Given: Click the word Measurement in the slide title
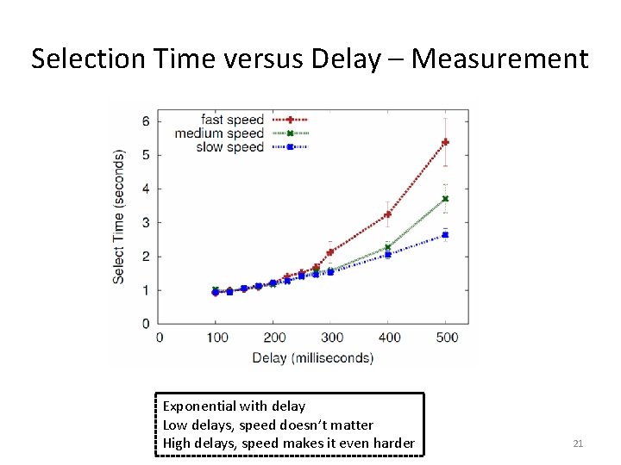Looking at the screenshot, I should point(500,59).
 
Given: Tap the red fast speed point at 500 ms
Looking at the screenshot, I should point(446,142).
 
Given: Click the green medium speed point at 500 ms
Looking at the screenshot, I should point(446,199).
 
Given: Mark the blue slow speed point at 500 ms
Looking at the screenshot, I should point(446,234).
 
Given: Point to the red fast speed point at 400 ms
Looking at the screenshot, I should point(388,214).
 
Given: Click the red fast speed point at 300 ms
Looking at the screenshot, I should point(330,252).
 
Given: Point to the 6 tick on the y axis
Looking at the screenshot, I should point(146,121).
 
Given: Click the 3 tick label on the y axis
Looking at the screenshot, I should point(146,223).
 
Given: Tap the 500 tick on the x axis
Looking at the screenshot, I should point(446,338).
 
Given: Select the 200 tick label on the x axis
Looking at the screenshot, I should point(273,338).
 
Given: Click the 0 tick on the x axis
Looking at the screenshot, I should point(160,338).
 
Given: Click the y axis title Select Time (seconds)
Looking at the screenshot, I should point(119,216).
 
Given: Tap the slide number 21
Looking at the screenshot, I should point(578,443).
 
